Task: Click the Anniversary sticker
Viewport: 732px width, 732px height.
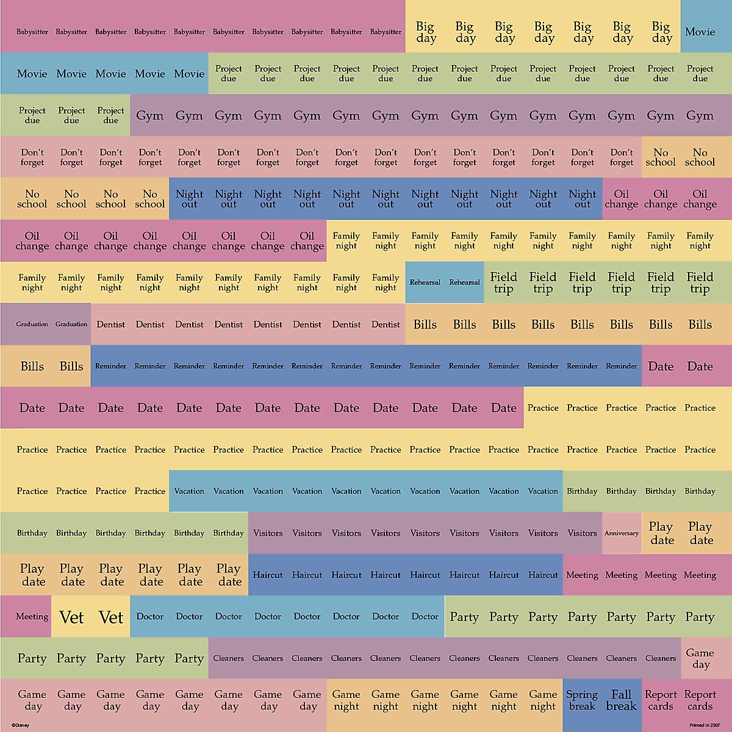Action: pos(622,533)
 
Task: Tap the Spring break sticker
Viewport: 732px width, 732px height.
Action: pos(582,700)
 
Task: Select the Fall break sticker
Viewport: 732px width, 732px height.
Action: pos(621,700)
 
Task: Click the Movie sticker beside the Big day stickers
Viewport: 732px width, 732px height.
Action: pos(700,32)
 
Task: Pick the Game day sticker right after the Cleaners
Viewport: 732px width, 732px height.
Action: pos(700,658)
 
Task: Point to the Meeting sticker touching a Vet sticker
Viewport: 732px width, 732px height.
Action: pos(32,617)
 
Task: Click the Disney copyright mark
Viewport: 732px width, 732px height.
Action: pos(20,725)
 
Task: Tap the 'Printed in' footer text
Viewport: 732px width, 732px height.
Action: pos(705,725)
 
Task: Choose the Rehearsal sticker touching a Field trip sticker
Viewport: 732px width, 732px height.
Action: pos(464,282)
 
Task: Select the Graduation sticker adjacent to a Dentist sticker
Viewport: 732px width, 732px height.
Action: pos(71,324)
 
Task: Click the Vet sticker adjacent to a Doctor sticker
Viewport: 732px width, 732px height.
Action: pos(111,617)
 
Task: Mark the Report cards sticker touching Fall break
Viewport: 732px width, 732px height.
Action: pos(661,700)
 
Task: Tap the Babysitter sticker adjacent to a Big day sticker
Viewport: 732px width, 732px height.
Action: pos(386,32)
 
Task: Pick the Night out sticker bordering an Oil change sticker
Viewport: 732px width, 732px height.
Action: pos(582,199)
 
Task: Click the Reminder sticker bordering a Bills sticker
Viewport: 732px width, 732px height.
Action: pos(110,366)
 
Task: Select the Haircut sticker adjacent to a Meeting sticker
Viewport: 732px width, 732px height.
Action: pos(543,575)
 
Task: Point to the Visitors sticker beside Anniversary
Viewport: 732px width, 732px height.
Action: pos(582,533)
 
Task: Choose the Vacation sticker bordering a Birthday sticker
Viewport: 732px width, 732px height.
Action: pos(543,491)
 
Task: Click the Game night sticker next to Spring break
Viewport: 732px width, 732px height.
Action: pos(543,700)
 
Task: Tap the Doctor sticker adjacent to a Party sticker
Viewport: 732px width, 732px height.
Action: pos(425,617)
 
